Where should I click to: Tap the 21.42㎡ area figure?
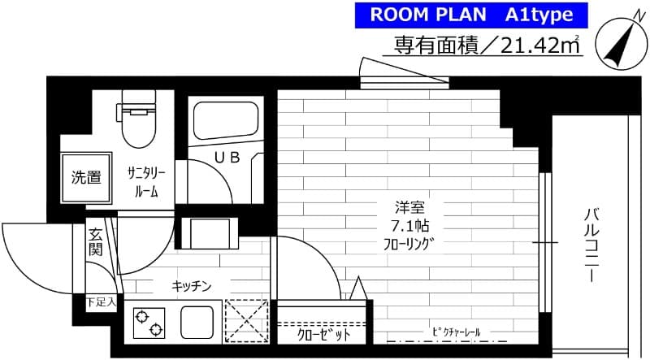[x=539, y=46]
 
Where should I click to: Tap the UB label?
[x=227, y=158]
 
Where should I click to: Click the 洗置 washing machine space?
[x=84, y=178]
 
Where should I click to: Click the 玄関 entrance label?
[x=95, y=242]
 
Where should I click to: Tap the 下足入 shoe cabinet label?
[x=101, y=302]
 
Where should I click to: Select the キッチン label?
[x=192, y=285]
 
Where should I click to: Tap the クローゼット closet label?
[x=323, y=335]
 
